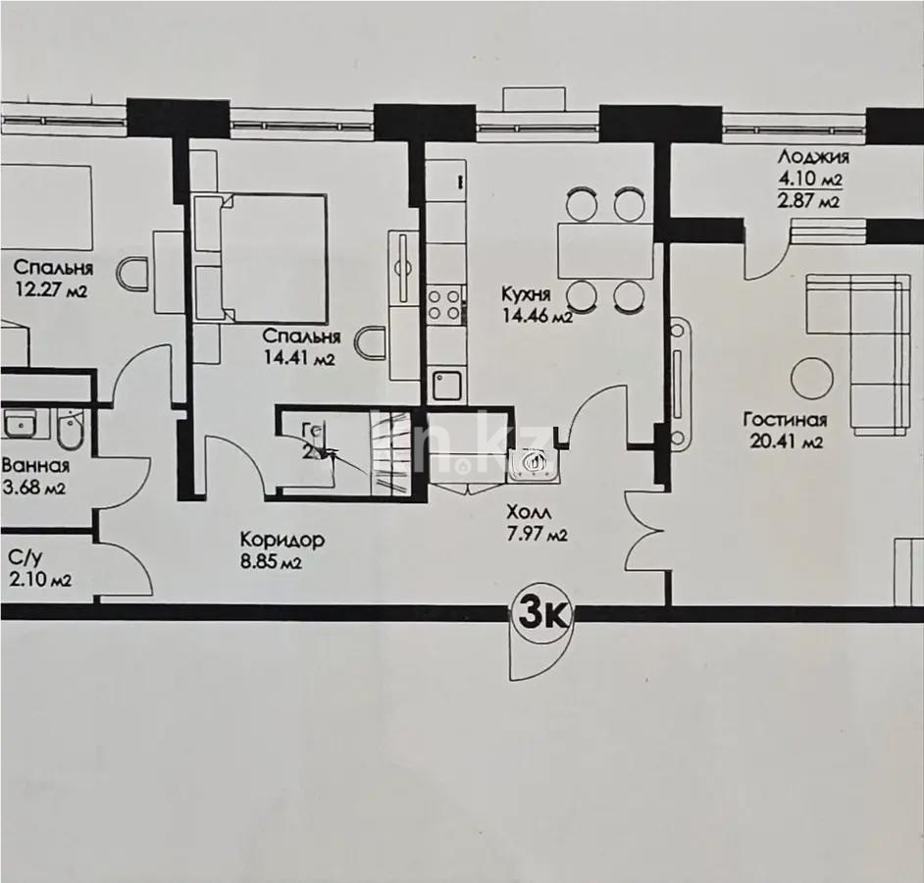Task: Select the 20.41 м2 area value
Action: [x=784, y=441]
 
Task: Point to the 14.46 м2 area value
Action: [x=536, y=316]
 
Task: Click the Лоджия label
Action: [x=812, y=157]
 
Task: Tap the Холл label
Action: [x=529, y=513]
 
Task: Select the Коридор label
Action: [x=282, y=540]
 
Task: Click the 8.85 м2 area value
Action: [x=271, y=563]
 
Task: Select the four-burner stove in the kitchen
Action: [x=444, y=303]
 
